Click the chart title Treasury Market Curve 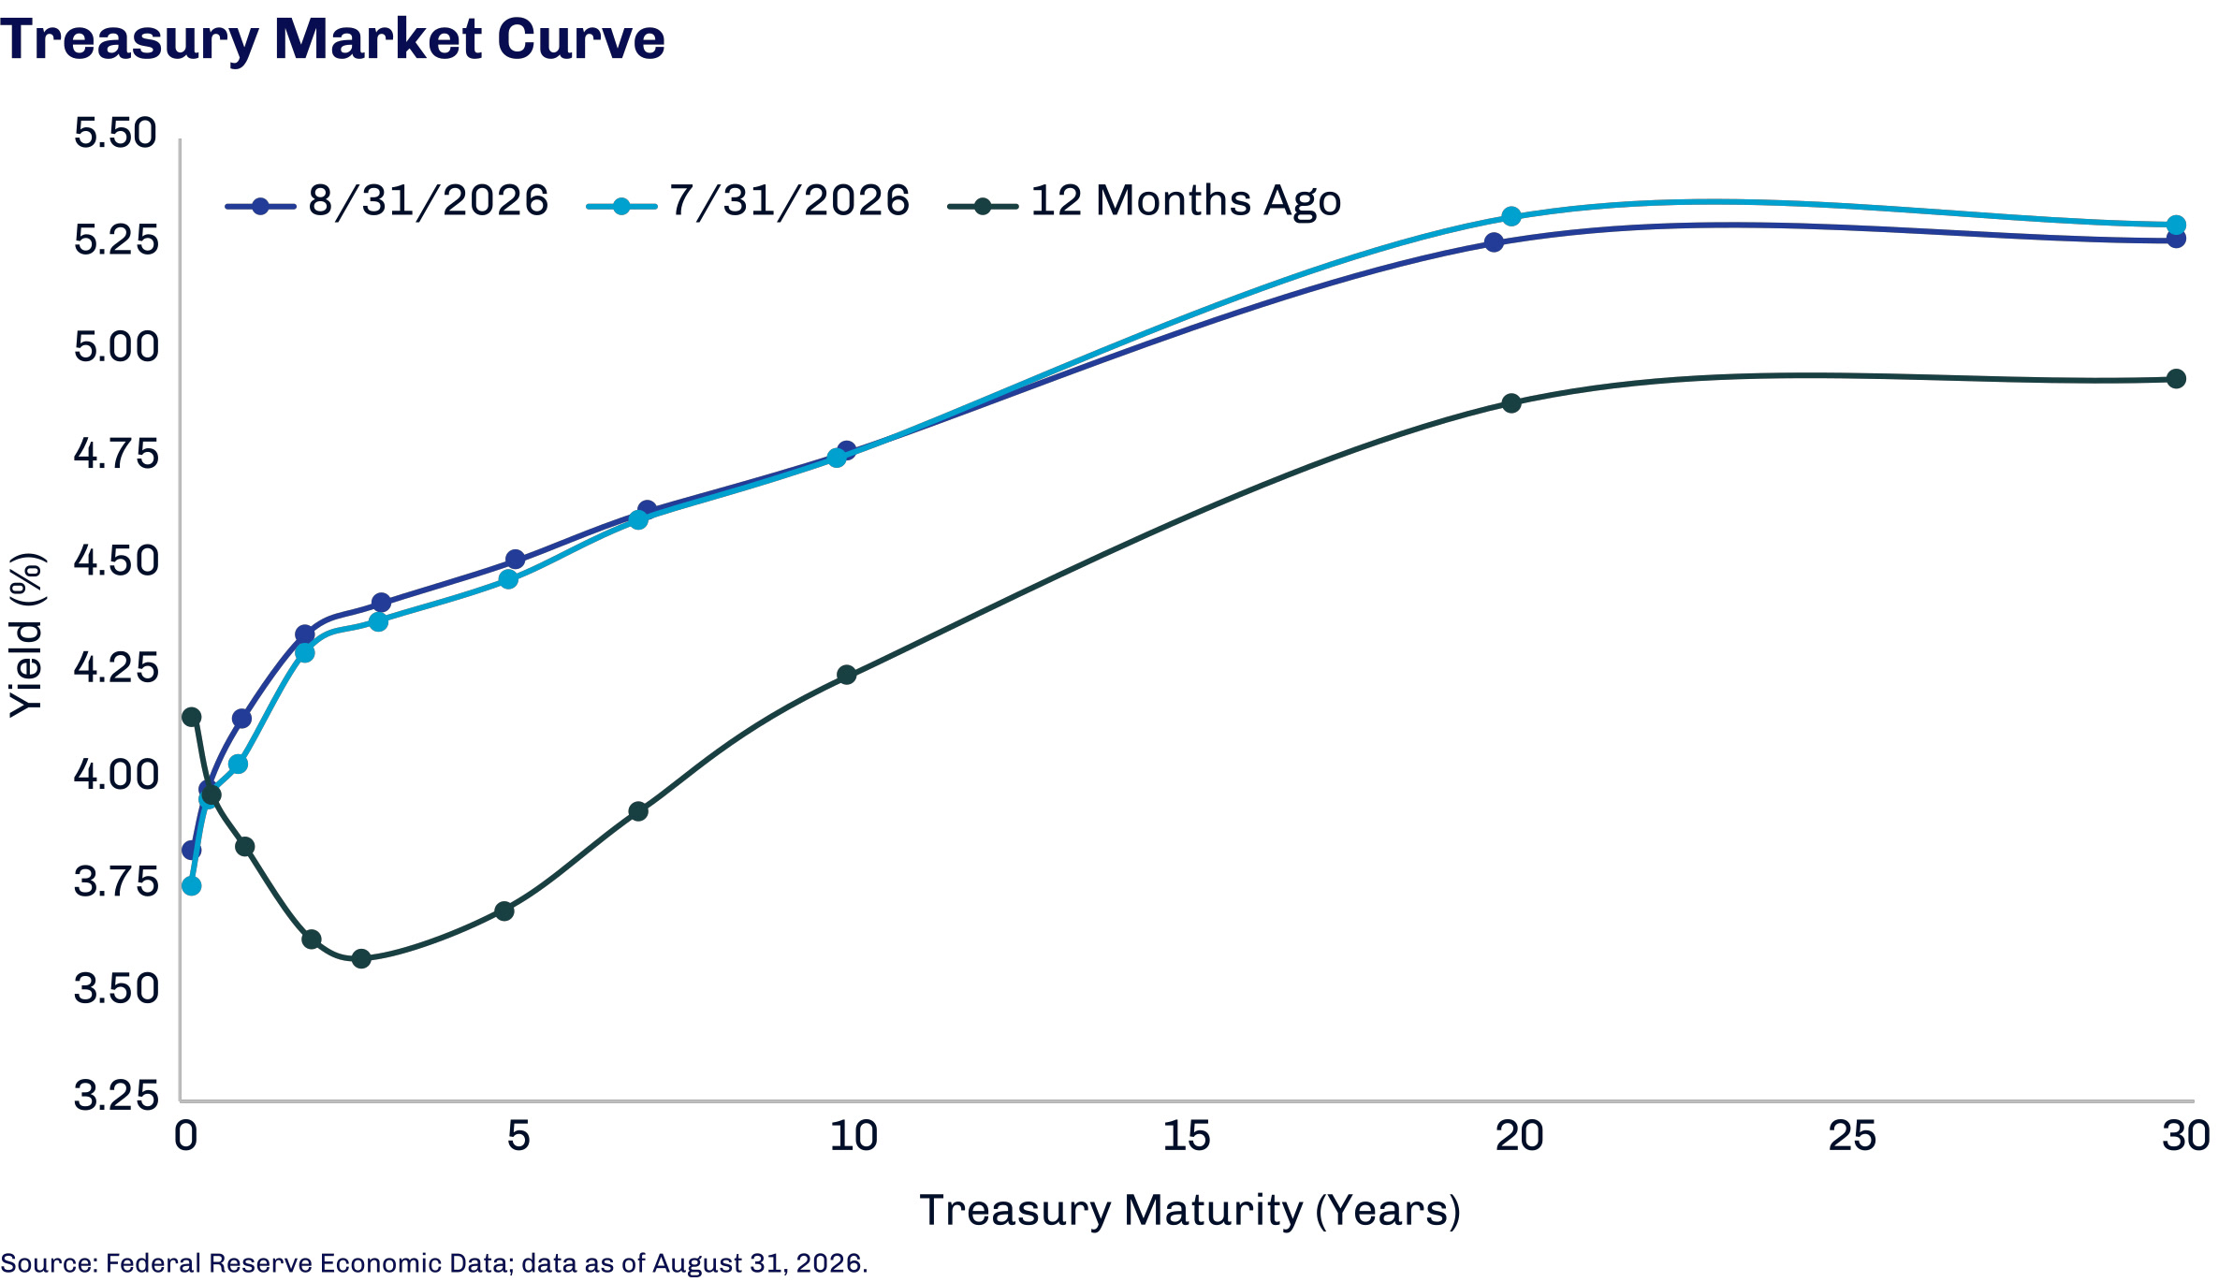(332, 39)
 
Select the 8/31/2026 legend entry (387, 202)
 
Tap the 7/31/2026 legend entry (748, 202)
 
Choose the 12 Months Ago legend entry (1145, 202)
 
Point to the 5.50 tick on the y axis (116, 133)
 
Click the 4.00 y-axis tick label (116, 775)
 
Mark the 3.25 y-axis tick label (116, 1095)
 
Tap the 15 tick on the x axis (1186, 1136)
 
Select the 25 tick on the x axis (1852, 1136)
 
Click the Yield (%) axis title (26, 635)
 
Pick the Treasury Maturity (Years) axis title (1189, 1211)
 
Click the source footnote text (434, 1263)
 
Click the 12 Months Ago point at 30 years (2177, 379)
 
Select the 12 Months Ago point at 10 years (847, 675)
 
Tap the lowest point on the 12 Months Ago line (361, 958)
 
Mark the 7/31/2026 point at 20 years (1510, 216)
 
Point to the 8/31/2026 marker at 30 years (2177, 239)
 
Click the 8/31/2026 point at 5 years (515, 560)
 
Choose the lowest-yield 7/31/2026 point (191, 885)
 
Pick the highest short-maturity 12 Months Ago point (191, 717)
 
